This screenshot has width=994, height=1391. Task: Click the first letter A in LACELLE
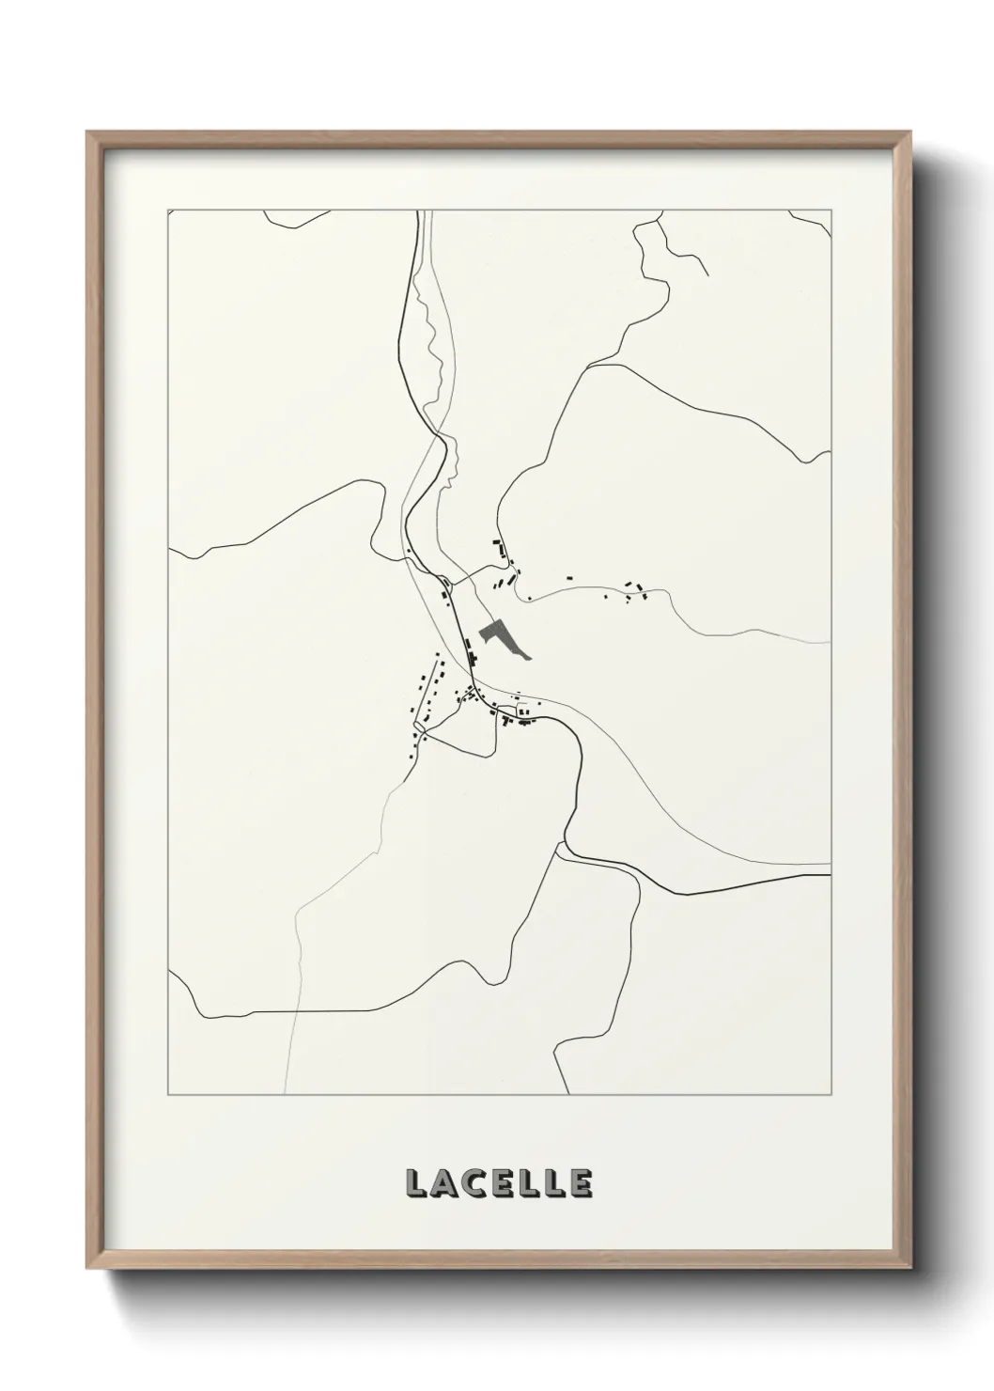click(443, 1183)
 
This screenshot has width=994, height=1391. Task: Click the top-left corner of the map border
click(168, 211)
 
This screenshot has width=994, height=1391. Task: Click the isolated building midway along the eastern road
click(569, 577)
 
